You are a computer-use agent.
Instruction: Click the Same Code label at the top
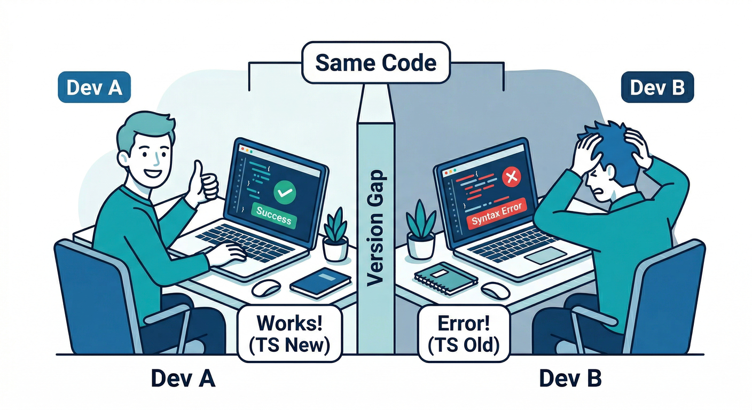coord(375,63)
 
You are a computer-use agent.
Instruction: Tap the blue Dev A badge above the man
coord(94,87)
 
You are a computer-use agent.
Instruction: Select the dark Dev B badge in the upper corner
coord(657,87)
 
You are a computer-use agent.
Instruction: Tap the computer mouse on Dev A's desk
coord(266,288)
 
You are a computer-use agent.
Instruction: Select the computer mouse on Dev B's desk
coord(497,290)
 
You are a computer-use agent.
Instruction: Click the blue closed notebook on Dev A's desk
coord(320,281)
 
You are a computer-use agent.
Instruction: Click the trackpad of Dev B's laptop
coord(545,257)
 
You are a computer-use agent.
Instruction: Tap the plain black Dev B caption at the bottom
coord(570,379)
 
